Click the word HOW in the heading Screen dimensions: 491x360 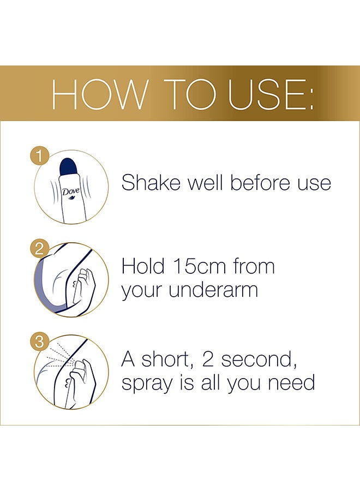pos(99,95)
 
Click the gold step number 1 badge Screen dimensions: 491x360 pos(38,157)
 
